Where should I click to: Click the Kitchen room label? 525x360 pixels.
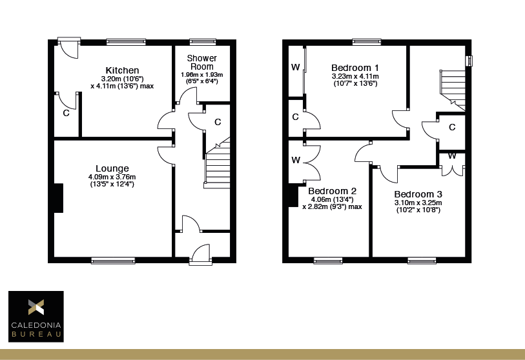point(123,70)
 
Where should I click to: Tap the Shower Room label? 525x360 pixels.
point(201,62)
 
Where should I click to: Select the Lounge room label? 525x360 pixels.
point(112,169)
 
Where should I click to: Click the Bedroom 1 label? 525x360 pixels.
point(355,68)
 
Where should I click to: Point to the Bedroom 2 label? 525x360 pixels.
point(332,191)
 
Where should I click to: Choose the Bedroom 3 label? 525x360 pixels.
point(418,194)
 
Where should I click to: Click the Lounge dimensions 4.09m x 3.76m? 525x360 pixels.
point(112,177)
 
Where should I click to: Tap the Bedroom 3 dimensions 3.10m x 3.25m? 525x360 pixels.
point(418,203)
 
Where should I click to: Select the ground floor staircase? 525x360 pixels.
point(218,165)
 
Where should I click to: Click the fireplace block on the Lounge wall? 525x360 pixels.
point(58,198)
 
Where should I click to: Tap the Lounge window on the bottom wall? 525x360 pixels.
point(113,261)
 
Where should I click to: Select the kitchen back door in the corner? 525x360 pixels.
point(67,48)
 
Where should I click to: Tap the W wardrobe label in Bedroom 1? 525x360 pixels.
point(295,67)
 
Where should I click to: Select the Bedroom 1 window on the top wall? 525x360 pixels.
point(366,42)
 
